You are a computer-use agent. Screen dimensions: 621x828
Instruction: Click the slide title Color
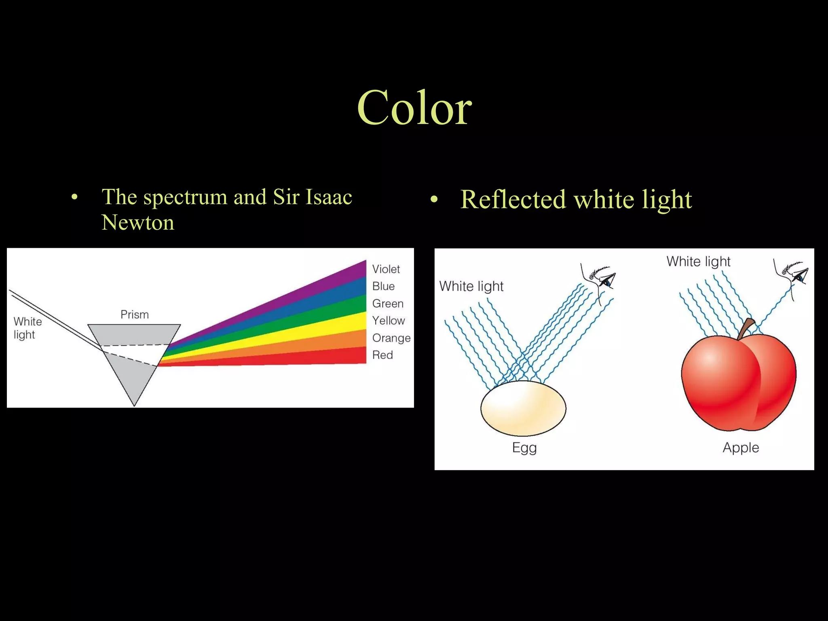[414, 108]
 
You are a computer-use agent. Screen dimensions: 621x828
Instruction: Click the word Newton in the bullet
[138, 222]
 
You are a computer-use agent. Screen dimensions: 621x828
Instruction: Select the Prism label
[135, 314]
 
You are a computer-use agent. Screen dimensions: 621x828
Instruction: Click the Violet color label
[386, 269]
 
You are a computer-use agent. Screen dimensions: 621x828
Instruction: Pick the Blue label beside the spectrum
[383, 286]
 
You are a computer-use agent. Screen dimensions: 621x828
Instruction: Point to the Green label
[388, 303]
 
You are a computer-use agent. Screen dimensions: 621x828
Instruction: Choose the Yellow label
[389, 321]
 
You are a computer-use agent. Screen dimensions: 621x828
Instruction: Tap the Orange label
[391, 338]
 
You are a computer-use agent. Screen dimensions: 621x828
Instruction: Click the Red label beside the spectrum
[382, 355]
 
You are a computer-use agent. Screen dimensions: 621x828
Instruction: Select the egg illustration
[523, 408]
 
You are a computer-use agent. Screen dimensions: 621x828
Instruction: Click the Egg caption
[524, 448]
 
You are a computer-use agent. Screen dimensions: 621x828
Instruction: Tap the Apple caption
[741, 448]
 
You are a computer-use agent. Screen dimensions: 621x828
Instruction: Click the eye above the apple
[798, 277]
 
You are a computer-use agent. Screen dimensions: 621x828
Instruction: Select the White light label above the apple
[698, 261]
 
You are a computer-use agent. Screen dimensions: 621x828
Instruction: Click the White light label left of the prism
[27, 328]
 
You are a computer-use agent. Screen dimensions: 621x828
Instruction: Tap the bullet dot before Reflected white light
[434, 200]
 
